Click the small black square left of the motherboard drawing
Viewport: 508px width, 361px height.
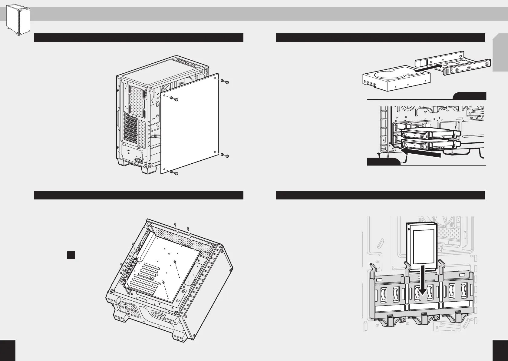point(71,255)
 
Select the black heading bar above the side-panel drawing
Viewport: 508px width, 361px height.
point(139,38)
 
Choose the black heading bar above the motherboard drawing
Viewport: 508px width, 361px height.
point(139,195)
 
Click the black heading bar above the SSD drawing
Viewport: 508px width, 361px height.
point(381,195)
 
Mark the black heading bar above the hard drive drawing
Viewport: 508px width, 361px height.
point(381,38)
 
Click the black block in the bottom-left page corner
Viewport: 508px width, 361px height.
point(8,350)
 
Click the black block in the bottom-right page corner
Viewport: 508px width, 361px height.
point(500,350)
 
